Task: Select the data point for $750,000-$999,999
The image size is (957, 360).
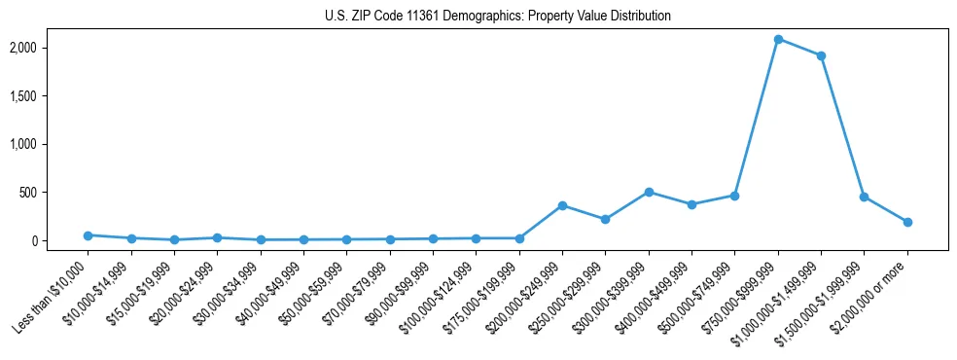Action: pyautogui.click(x=778, y=39)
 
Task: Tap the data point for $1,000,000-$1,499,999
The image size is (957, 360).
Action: pyautogui.click(x=821, y=55)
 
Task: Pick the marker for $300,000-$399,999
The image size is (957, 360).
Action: pyautogui.click(x=649, y=192)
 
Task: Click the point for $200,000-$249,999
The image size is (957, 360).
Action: pyautogui.click(x=562, y=205)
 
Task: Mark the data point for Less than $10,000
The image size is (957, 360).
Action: pyautogui.click(x=88, y=235)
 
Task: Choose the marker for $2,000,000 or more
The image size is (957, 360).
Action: pyautogui.click(x=907, y=222)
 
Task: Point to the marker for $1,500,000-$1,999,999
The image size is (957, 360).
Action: pyautogui.click(x=864, y=197)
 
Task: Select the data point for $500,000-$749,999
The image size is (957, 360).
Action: pyautogui.click(x=734, y=196)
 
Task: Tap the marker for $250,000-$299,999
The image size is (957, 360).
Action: pyautogui.click(x=605, y=219)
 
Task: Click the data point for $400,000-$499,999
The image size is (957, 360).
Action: pyautogui.click(x=691, y=204)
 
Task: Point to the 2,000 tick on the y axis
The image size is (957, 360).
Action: pyautogui.click(x=51, y=48)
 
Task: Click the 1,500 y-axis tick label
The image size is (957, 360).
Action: pyautogui.click(x=51, y=96)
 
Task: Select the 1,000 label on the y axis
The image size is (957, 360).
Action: pyautogui.click(x=51, y=144)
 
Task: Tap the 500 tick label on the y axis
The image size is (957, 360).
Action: pyautogui.click(x=56, y=193)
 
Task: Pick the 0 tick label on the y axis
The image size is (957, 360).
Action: pyautogui.click(x=61, y=240)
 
